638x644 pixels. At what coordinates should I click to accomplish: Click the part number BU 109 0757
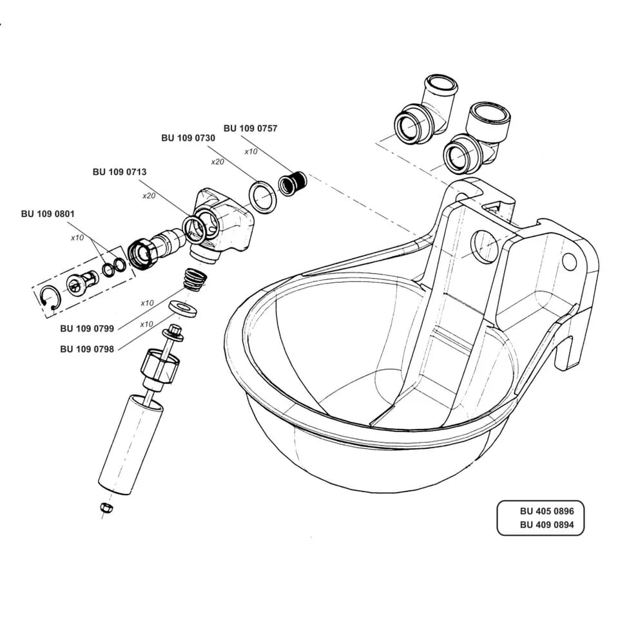(x=250, y=128)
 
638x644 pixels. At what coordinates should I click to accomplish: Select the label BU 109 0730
(x=188, y=138)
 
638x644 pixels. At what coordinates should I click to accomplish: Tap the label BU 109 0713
(x=119, y=172)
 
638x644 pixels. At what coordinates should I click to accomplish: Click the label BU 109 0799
(x=87, y=328)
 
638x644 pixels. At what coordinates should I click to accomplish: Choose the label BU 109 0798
(x=87, y=349)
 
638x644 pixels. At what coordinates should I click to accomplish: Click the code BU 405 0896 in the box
(x=542, y=511)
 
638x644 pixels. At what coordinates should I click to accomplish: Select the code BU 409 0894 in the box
(x=542, y=524)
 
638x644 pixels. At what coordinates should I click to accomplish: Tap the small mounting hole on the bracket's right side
(x=568, y=261)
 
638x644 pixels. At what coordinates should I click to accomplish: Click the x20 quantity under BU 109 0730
(x=217, y=162)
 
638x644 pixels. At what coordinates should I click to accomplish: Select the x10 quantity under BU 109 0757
(x=251, y=151)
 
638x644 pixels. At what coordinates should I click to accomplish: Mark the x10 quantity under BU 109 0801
(x=77, y=238)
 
